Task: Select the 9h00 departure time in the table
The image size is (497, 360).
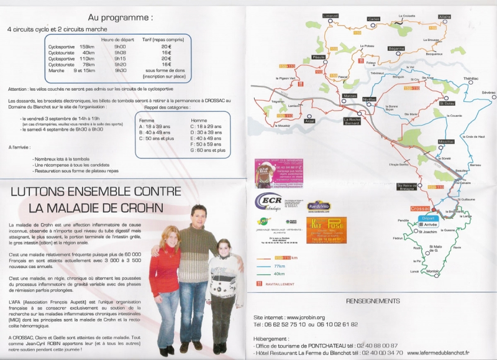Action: [121, 47]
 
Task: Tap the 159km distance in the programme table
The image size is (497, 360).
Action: [87, 47]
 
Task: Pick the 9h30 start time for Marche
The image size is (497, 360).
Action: [121, 70]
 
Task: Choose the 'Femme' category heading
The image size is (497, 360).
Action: [147, 120]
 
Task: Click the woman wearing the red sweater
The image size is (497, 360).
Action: [165, 267]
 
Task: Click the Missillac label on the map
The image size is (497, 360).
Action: [446, 141]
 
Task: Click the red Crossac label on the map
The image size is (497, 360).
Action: [420, 208]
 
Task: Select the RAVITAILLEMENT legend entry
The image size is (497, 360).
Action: [283, 285]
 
